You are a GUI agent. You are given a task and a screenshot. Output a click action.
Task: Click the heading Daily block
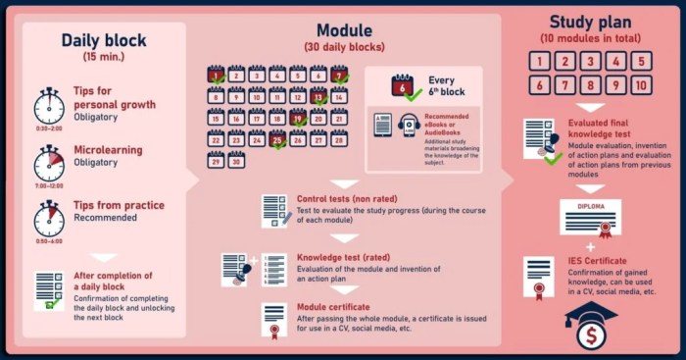click(x=103, y=40)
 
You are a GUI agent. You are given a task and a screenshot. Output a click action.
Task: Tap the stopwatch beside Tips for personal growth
click(x=49, y=105)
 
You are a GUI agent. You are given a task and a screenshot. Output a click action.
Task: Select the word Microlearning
click(x=108, y=150)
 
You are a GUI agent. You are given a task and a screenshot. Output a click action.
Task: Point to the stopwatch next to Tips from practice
click(x=49, y=219)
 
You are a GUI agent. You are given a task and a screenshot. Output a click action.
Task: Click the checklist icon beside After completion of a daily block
click(x=49, y=289)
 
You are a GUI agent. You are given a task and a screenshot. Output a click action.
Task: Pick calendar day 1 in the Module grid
click(x=216, y=74)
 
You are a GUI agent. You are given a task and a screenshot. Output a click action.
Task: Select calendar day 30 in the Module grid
click(x=236, y=161)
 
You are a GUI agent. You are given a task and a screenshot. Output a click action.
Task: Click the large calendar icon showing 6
click(x=402, y=87)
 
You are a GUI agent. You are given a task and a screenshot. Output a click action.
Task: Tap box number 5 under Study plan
click(x=640, y=62)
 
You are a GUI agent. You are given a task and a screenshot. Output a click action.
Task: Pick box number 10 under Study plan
click(x=640, y=84)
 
